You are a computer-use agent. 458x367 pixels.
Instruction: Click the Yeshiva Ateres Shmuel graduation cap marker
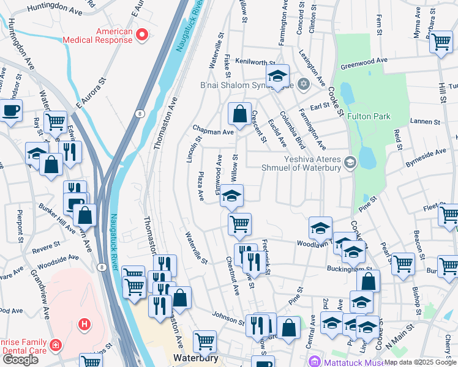pos(350,162)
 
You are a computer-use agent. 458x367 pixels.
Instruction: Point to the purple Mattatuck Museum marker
pos(315,361)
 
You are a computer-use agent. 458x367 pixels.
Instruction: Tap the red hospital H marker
pos(84,323)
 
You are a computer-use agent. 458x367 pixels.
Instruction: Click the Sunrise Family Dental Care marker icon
pos(56,346)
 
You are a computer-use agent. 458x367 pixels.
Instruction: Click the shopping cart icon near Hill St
pos(440,42)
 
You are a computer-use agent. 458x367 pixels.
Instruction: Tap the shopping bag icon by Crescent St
pos(239,113)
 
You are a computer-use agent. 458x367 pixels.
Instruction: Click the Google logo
pos(20,360)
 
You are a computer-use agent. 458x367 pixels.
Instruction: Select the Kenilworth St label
pos(255,62)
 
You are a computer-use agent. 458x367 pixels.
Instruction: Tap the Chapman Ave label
pos(214,131)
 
